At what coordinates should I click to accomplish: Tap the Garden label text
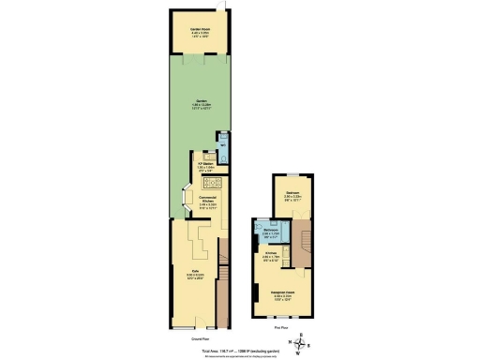click(x=201, y=105)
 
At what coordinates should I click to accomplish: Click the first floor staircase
click(x=300, y=248)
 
